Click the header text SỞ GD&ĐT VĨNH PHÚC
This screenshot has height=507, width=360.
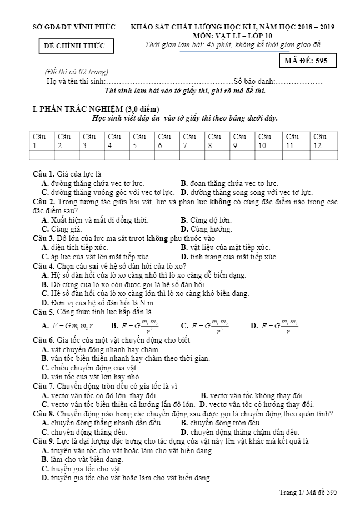click(74, 27)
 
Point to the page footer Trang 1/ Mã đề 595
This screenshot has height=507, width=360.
click(308, 492)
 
